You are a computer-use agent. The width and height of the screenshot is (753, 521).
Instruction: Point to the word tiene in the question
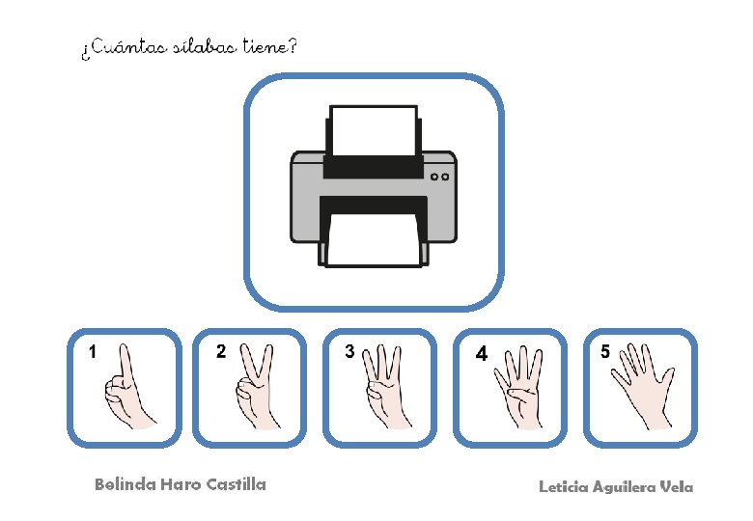click(x=265, y=46)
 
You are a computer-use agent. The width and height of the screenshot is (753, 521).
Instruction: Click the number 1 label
click(x=93, y=351)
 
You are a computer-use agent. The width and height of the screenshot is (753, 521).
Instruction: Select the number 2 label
click(x=221, y=351)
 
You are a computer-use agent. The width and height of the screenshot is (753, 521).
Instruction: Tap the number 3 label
click(x=349, y=351)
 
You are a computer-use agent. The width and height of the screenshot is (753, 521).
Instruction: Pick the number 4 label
click(x=481, y=354)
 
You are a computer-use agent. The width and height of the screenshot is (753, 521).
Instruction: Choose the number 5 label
click(x=605, y=351)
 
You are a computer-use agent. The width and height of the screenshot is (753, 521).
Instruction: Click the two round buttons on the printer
click(x=439, y=177)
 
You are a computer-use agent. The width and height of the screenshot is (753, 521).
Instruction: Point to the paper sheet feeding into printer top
click(x=374, y=131)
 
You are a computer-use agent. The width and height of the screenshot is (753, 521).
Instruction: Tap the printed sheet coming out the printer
click(x=374, y=240)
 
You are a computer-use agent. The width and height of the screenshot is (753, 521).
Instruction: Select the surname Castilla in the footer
click(x=236, y=484)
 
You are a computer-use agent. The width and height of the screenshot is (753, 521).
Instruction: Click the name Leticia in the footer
click(x=564, y=487)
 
